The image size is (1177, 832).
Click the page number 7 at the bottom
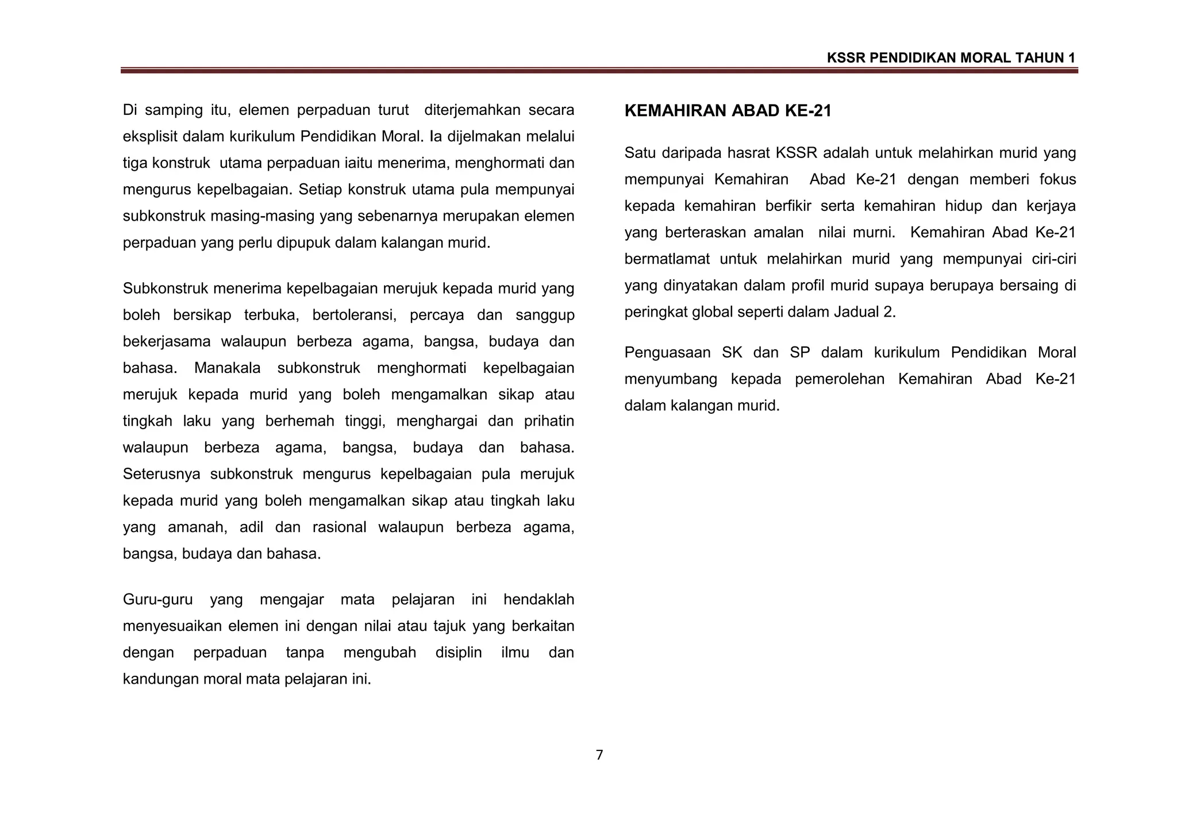tap(599, 755)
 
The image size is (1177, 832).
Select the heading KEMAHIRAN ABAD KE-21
tap(728, 111)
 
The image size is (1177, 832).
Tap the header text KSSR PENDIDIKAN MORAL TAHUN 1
tap(951, 58)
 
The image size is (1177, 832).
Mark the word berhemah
tap(299, 421)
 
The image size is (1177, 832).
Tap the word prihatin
tap(549, 421)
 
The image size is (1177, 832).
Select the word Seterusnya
tap(161, 474)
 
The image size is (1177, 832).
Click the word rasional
tap(339, 527)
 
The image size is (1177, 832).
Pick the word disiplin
tap(459, 653)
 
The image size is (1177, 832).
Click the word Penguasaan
tap(667, 353)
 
